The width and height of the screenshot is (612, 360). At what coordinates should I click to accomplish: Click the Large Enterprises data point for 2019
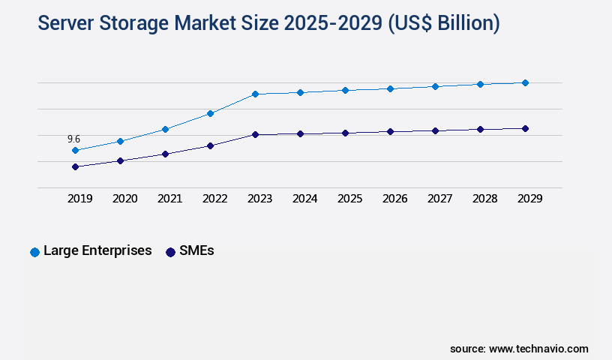pos(75,150)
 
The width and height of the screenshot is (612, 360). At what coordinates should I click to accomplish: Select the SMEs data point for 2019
pos(75,166)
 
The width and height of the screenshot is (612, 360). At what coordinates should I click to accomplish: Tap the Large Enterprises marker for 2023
pos(255,94)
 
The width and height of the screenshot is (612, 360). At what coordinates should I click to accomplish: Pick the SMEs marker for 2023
pos(255,134)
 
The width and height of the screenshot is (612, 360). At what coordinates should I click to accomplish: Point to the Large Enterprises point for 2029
pos(525,82)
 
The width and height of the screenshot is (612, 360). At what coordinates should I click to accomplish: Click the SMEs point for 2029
pos(525,128)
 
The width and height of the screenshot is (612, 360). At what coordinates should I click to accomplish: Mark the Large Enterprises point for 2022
pos(210,113)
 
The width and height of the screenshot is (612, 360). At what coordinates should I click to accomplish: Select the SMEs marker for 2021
pos(165,154)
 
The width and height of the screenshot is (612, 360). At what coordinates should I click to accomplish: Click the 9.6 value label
pos(73,139)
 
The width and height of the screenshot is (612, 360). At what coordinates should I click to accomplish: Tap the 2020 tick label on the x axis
pos(124,199)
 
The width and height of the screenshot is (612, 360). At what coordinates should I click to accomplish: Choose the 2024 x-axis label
pos(304,199)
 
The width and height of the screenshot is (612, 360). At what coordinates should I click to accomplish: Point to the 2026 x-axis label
pos(394,199)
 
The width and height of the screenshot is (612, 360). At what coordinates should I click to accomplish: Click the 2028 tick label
pos(484,199)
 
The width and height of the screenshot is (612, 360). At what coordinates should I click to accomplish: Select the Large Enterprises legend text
pos(97,250)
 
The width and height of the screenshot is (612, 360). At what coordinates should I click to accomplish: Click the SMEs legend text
pos(196,250)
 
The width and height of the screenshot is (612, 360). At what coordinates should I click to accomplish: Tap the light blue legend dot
pos(34,252)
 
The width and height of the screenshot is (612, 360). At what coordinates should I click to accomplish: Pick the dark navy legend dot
pos(170,252)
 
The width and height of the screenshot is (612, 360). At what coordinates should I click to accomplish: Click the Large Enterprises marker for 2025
pos(345,90)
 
